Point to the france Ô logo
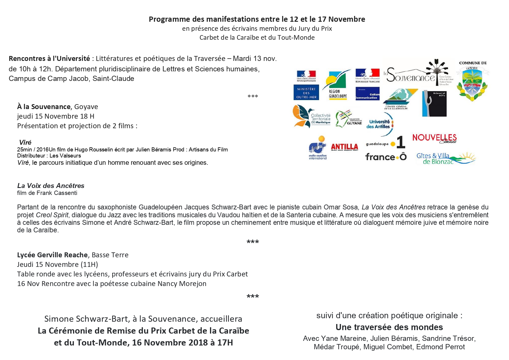[x=386, y=157]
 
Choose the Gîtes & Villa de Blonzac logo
[x=446, y=158]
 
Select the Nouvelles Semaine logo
[x=434, y=138]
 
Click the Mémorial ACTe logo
[x=434, y=103]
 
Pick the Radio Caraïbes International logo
[x=318, y=148]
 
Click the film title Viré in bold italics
[x=25, y=142]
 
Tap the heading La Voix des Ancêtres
[x=51, y=186]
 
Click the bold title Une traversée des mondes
[x=389, y=327]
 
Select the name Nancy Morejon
[x=182, y=284]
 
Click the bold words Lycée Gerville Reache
[x=52, y=255]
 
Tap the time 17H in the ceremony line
[x=225, y=343]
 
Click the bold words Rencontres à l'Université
[x=49, y=59]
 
